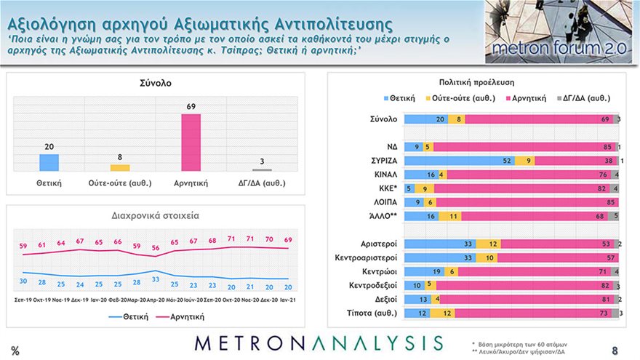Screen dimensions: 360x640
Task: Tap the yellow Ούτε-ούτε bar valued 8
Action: [120, 168]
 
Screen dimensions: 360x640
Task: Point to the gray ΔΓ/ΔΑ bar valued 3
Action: [262, 170]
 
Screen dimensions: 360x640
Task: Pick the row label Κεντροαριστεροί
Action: [364, 257]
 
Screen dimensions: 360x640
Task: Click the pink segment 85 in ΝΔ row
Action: [524, 147]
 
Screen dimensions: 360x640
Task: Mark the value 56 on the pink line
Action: [156, 249]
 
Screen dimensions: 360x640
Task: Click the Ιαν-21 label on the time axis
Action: [288, 299]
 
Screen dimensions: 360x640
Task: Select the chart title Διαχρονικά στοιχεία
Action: [155, 216]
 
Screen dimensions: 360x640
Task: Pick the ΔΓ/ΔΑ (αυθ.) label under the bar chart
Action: [262, 183]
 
